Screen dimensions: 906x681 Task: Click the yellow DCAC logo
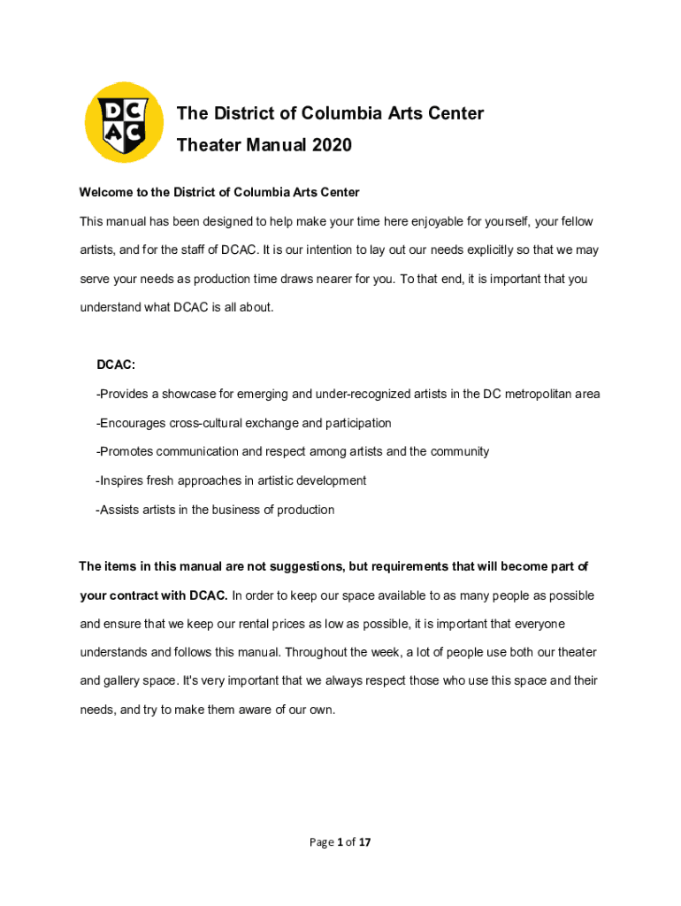tap(124, 122)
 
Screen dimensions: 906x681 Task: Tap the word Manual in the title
tap(269, 145)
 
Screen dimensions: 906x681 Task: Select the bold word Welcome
tap(106, 192)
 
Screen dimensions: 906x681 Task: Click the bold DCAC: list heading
tap(116, 365)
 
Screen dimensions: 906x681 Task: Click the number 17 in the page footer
tap(363, 842)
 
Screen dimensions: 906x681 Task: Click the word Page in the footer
tap(320, 842)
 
